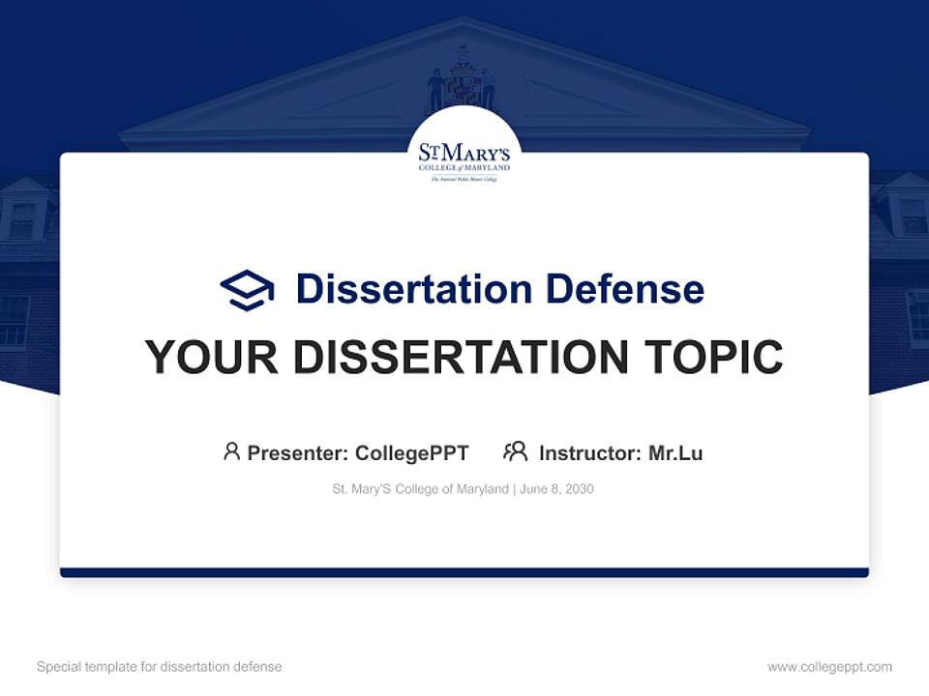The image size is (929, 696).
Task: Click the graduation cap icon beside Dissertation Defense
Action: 247,289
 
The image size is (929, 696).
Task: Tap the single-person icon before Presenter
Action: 231,451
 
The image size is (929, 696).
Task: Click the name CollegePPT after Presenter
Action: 411,452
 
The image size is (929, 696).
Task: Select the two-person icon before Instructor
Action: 515,451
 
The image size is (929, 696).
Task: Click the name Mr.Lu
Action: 675,452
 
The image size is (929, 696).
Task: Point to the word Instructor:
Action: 590,452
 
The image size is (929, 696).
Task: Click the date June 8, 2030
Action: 556,489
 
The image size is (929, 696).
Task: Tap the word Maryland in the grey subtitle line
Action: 481,489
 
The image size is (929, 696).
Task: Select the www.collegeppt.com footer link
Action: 829,667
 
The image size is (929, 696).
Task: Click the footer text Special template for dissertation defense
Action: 159,667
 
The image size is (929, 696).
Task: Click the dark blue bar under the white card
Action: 464,572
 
